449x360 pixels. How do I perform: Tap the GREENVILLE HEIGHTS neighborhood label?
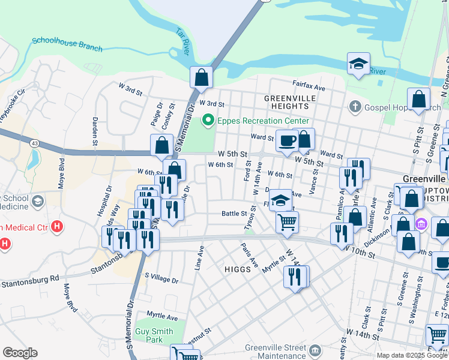point(286,101)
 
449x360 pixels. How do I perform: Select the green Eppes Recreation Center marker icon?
point(208,120)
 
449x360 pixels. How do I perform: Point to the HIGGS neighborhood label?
point(237,269)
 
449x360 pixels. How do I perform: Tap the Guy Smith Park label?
point(154,335)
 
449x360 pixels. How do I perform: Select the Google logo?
point(20,353)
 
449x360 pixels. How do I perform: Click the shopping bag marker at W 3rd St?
point(201,77)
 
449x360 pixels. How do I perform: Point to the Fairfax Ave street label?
point(309,87)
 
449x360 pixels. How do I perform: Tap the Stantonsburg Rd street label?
point(29,281)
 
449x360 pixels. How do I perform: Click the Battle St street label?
point(235,213)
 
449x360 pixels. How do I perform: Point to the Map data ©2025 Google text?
point(412,355)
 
